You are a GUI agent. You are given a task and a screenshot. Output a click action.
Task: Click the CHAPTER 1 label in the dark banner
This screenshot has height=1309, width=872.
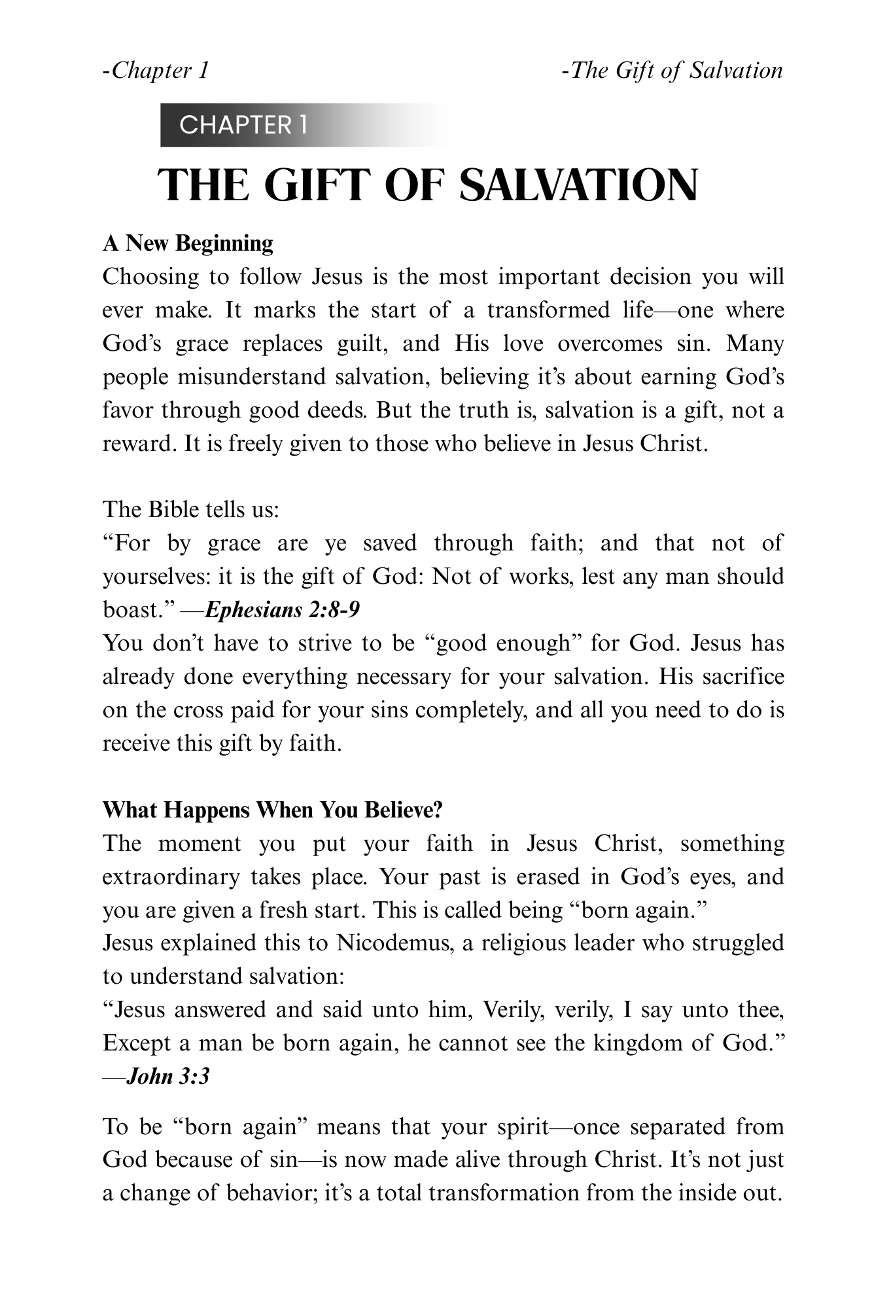(243, 125)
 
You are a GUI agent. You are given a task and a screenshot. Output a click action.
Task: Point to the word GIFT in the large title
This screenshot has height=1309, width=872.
(320, 185)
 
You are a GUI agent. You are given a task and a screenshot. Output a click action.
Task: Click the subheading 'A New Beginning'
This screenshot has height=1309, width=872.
(188, 243)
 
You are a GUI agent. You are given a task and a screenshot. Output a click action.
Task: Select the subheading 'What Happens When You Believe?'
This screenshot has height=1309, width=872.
(273, 810)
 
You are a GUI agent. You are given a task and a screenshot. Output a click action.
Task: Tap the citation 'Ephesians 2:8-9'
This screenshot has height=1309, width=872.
(282, 610)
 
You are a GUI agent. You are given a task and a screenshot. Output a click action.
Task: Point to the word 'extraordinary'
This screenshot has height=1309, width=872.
(171, 876)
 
